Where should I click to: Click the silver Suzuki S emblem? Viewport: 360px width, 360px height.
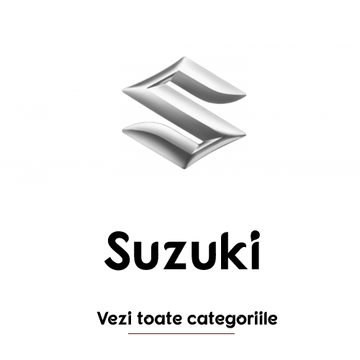pos(184,113)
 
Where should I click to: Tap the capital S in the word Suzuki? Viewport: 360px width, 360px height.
pos(117,251)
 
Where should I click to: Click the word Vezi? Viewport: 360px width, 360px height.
pos(115,318)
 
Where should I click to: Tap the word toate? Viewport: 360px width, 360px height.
pos(160,319)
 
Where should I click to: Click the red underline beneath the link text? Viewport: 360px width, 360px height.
pos(181,333)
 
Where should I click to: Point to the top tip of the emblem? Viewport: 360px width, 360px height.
pos(184,57)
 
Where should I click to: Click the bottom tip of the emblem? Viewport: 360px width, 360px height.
pos(184,168)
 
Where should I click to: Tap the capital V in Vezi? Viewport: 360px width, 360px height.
pos(103,318)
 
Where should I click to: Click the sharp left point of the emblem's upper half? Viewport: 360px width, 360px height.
pos(123,91)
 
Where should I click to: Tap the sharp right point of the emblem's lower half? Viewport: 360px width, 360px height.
pos(246,135)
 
